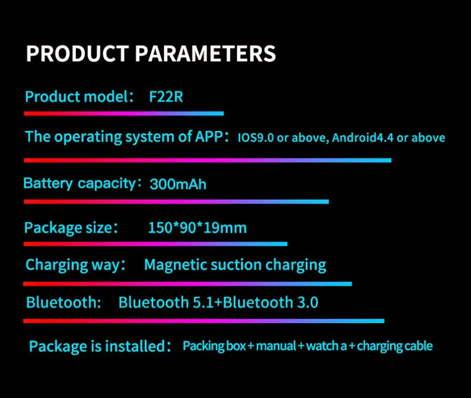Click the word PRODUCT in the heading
tap(77, 54)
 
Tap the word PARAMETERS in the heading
tap(206, 54)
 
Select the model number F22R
tap(166, 97)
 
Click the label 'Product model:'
tap(79, 97)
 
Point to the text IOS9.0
tap(255, 137)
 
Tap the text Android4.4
tap(363, 137)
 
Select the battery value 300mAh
tap(178, 184)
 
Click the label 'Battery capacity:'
tap(82, 183)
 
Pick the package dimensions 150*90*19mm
tap(198, 228)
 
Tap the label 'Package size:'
tap(71, 228)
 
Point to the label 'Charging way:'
tap(75, 265)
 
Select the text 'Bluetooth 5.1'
tap(167, 302)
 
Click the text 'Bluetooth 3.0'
tap(270, 302)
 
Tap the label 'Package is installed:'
tap(100, 346)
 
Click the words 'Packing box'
tap(215, 346)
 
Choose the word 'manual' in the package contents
tap(276, 346)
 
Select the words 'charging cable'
tap(395, 346)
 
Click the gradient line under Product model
tap(124, 114)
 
